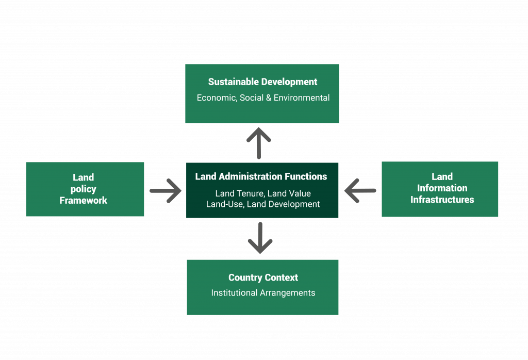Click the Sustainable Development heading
pos(262,82)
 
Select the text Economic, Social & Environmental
pos(263,97)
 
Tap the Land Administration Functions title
pos(261,176)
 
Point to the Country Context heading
pos(263,277)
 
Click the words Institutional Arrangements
pos(263,293)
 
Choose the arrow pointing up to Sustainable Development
pos(259,143)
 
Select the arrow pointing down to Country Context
pos(260,238)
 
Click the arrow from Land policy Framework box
pos(166,191)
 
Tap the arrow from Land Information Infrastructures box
pos(360,190)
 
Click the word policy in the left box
pos(84,189)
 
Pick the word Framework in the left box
pos(84,200)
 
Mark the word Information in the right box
pos(442,188)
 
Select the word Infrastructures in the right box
pos(442,200)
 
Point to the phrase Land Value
pos(289,194)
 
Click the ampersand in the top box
pos(269,97)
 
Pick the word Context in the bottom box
pos(281,277)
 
